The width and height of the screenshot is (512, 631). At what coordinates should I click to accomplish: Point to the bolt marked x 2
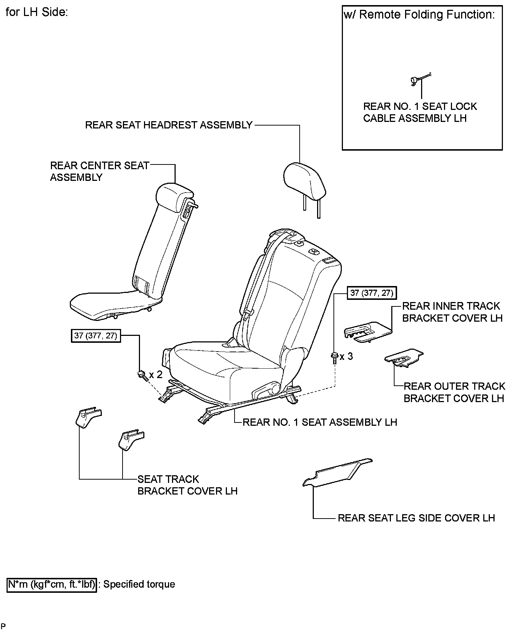click(142, 375)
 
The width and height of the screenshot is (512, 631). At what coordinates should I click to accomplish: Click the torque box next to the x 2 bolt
click(96, 336)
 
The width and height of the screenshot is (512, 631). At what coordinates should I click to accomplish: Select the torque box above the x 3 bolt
click(371, 293)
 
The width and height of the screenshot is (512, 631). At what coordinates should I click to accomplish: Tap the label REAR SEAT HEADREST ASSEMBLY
click(169, 125)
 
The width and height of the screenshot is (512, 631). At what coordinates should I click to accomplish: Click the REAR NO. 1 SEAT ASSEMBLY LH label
click(320, 422)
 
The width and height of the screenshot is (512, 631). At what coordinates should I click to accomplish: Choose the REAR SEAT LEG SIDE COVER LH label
click(416, 518)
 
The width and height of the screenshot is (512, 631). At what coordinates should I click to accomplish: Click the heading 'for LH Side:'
click(37, 12)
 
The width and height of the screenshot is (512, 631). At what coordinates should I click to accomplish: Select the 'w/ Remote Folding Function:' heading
click(419, 15)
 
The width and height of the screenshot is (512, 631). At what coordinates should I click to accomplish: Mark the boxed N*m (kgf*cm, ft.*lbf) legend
click(52, 584)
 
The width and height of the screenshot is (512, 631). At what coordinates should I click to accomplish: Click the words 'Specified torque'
click(139, 584)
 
